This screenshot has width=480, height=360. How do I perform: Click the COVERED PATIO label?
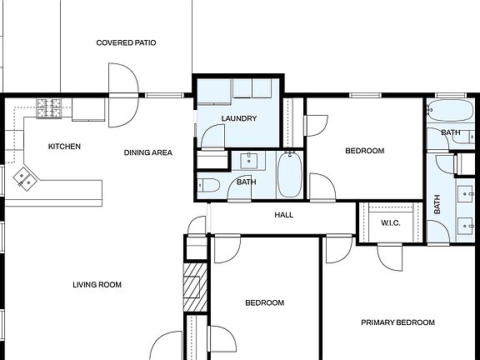click(126, 42)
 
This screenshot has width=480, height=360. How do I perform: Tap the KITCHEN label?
click(64, 147)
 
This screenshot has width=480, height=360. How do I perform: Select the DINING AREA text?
click(148, 152)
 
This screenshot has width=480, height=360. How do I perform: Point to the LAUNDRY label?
click(238, 118)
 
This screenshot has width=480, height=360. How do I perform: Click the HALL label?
click(284, 215)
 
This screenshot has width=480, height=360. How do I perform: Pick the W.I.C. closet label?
click(392, 223)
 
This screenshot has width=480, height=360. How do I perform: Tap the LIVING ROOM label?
click(97, 285)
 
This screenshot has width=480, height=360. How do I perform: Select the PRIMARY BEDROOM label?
click(397, 322)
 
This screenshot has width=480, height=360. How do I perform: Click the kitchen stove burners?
click(49, 107)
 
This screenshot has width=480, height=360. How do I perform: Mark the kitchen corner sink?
click(23, 177)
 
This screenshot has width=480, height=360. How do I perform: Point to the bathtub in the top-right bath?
click(450, 112)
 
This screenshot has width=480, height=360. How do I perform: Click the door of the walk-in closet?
click(388, 257)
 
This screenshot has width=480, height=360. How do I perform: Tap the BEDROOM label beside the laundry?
click(364, 151)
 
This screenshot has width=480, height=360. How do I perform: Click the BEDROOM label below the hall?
click(264, 303)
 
